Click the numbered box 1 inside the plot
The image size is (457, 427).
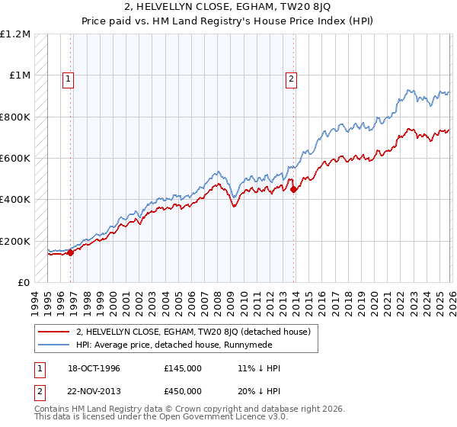[x=69, y=77]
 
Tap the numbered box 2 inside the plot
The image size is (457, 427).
[x=291, y=77]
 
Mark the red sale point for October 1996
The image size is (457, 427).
[x=71, y=252]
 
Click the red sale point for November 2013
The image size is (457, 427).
[x=294, y=190]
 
